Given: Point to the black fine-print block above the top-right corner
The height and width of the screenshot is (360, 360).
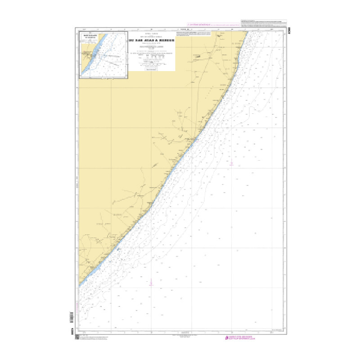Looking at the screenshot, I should click(263, 22).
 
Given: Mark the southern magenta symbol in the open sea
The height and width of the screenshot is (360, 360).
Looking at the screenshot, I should click(151, 282).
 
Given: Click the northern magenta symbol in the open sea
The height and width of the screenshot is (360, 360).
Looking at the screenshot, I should click(231, 163).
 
